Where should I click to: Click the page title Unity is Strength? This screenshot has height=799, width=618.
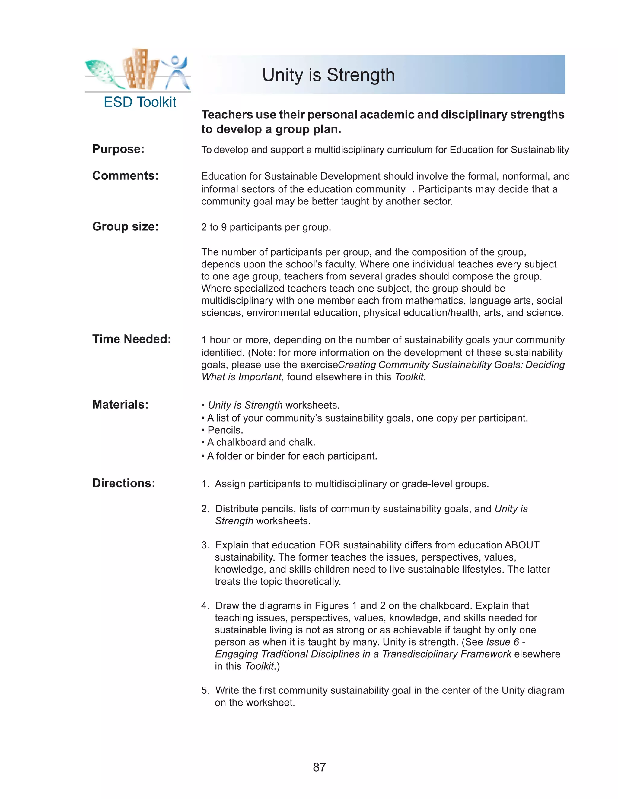[328, 75]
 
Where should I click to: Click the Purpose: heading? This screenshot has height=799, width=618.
[118, 149]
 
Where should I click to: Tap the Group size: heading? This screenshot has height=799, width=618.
[125, 227]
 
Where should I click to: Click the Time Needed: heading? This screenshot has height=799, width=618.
[132, 339]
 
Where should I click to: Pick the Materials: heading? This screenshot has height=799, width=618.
[120, 405]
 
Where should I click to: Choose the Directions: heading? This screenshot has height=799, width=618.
[124, 483]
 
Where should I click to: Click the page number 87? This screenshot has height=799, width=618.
[319, 767]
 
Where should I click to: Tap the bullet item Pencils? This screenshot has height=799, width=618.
[225, 430]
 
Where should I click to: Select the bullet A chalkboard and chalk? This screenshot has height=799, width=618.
[261, 442]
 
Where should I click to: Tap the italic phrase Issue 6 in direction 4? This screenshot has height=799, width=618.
[502, 642]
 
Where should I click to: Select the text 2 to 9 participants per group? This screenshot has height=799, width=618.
[266, 228]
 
